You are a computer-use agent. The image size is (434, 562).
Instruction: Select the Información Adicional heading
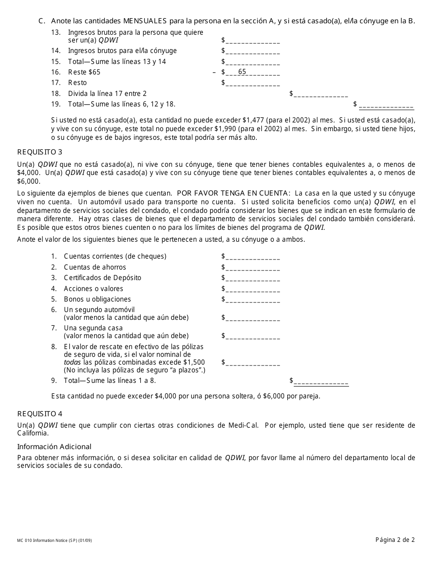[x=54, y=446]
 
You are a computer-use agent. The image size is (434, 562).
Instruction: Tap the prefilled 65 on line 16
[x=242, y=72]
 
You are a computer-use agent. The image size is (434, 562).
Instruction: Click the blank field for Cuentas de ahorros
[x=252, y=267]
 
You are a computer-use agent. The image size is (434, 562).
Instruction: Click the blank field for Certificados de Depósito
[x=252, y=278]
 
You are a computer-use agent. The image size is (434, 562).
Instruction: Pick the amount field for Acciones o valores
[x=252, y=289]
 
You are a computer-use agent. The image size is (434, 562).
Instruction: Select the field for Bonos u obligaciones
[x=252, y=299]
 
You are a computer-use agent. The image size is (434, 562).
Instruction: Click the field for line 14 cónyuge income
[x=252, y=51]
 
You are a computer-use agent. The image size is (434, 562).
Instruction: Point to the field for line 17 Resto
[x=252, y=83]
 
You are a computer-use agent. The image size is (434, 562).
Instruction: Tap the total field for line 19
[x=386, y=105]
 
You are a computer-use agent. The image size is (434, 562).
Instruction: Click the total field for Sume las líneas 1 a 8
[x=321, y=381]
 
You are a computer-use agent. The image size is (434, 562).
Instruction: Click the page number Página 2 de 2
[x=395, y=540]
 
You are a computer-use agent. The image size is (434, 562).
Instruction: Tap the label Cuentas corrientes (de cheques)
[x=115, y=256]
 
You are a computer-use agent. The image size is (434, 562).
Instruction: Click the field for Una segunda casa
[x=252, y=336]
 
